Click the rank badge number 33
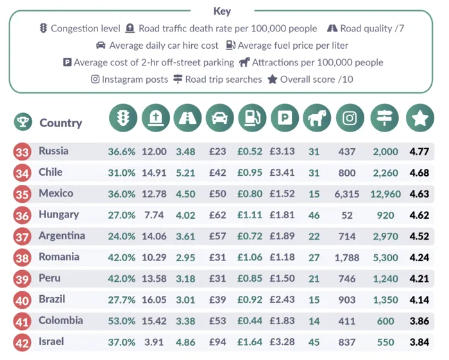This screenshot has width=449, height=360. point(22,152)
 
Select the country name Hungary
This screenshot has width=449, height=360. point(58,214)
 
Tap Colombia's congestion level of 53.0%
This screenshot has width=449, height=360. point(121,321)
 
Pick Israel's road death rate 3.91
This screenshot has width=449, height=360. point(154,342)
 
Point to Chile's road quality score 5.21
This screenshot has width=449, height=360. point(186,173)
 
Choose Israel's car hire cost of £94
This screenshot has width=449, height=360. point(217,342)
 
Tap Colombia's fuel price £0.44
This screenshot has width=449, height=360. point(250,321)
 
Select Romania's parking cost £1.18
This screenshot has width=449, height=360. point(282,257)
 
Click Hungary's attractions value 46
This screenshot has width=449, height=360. point(314,215)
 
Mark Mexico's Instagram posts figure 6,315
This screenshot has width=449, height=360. point(350,194)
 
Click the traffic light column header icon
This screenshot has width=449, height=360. point(123,118)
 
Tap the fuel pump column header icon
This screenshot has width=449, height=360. point(252,118)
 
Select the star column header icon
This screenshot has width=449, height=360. point(420,118)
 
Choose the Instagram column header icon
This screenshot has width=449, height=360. point(350,118)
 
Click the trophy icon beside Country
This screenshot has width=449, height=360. point(22,122)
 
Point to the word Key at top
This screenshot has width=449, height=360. point(223,11)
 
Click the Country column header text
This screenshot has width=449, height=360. point(61,123)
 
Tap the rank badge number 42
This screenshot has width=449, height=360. point(22,343)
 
